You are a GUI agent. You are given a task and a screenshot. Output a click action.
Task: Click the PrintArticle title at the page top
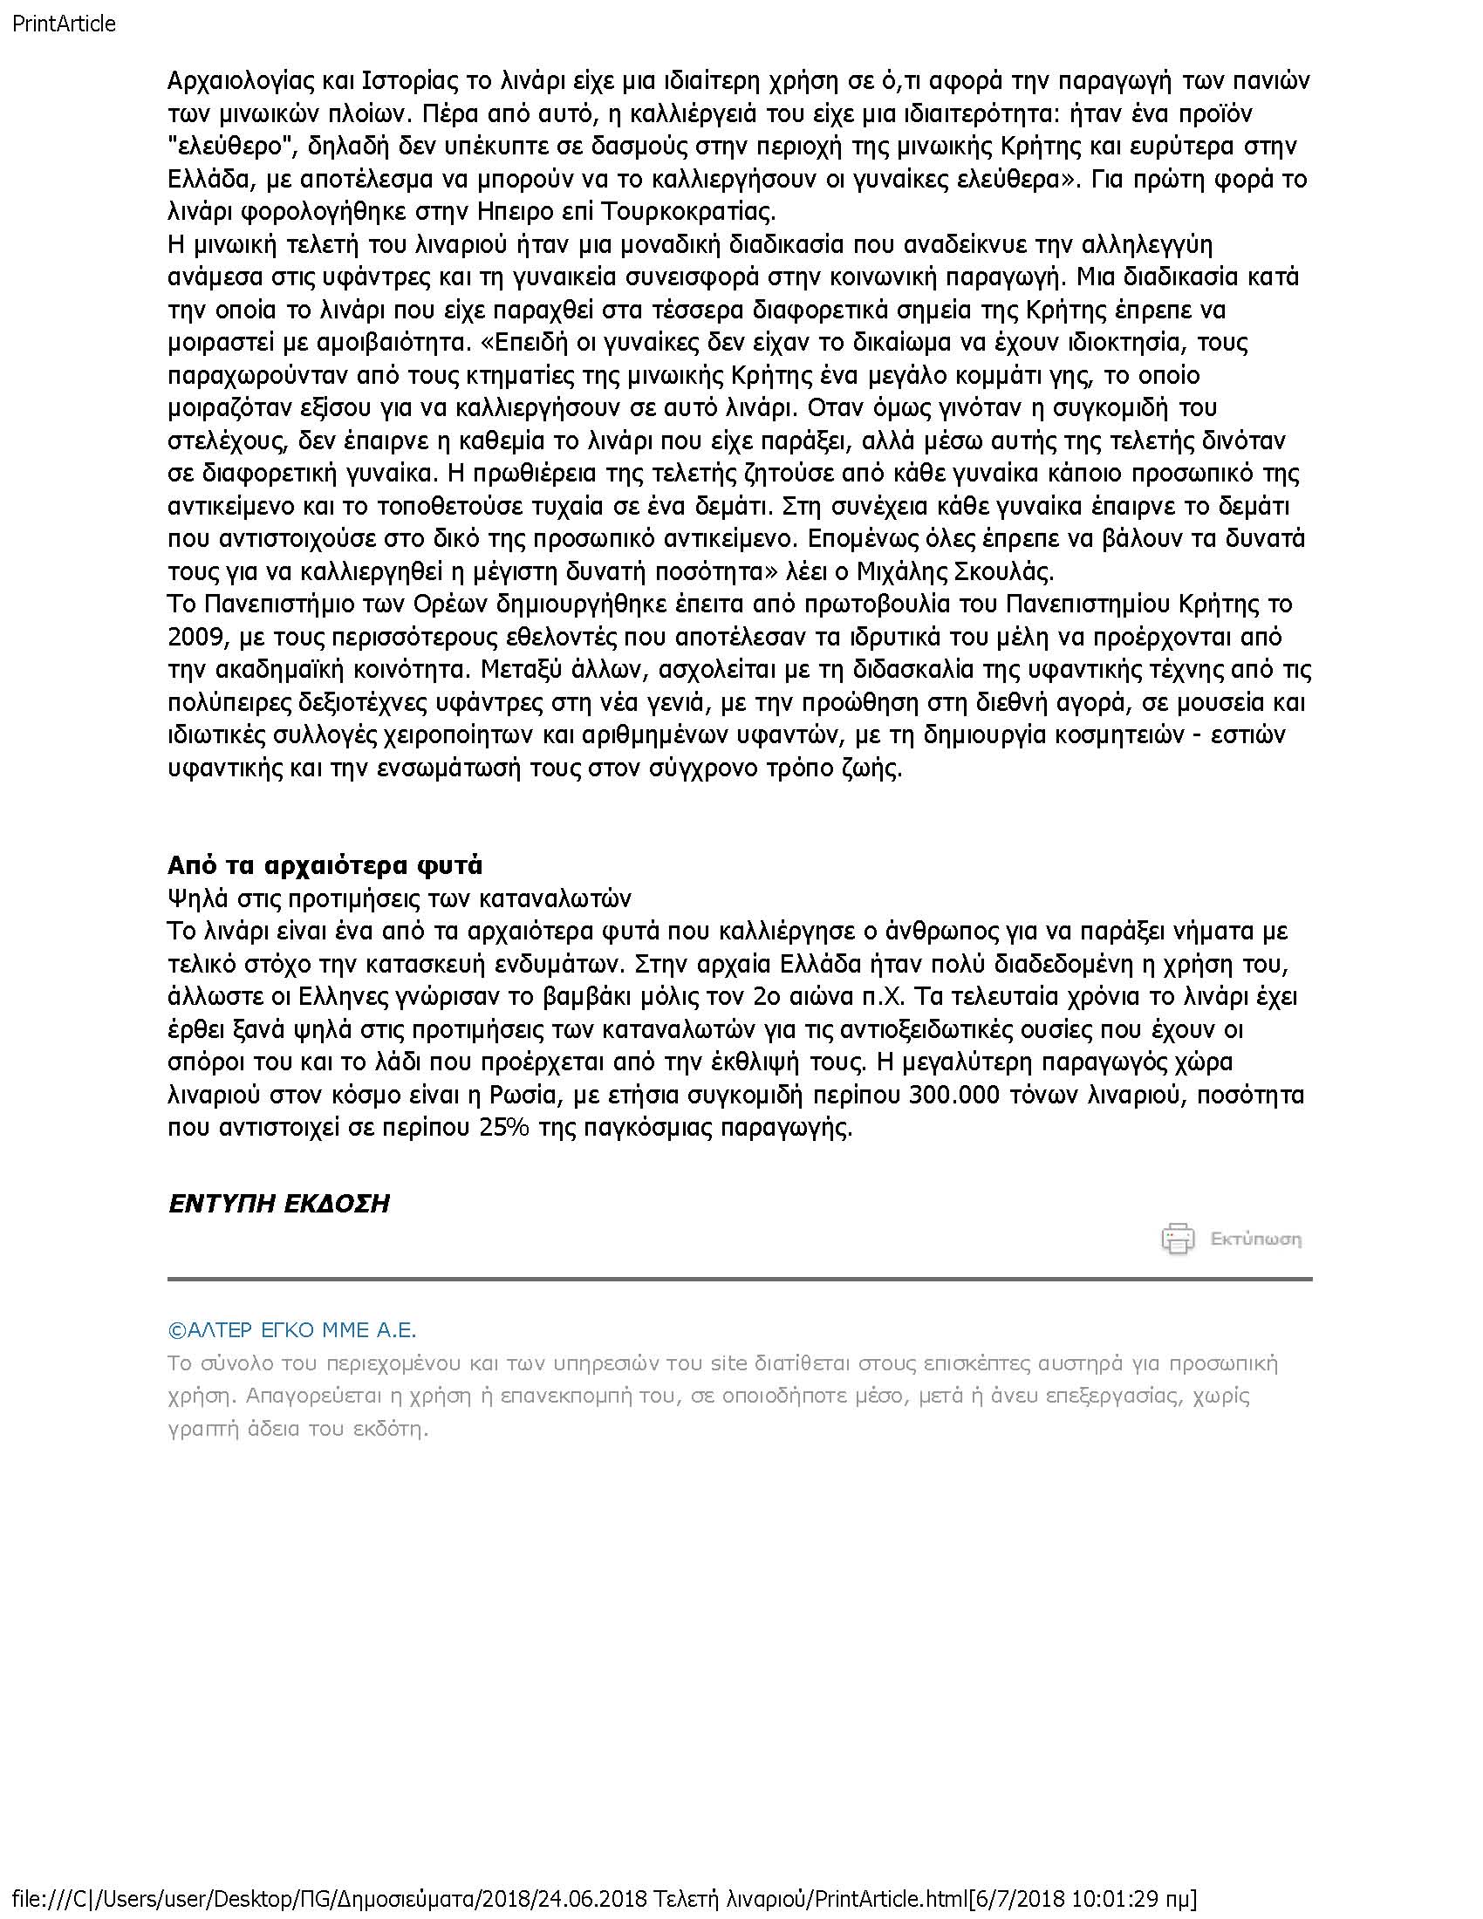tap(64, 24)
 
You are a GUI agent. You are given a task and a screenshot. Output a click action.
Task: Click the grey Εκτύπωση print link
tap(1255, 1239)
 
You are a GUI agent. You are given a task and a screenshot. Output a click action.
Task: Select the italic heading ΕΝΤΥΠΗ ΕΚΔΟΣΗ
tap(278, 1203)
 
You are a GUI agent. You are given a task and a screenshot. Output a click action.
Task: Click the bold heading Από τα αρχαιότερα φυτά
tap(325, 865)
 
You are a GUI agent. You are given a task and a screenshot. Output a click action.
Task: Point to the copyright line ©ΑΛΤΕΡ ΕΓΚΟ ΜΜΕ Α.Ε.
tap(291, 1330)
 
